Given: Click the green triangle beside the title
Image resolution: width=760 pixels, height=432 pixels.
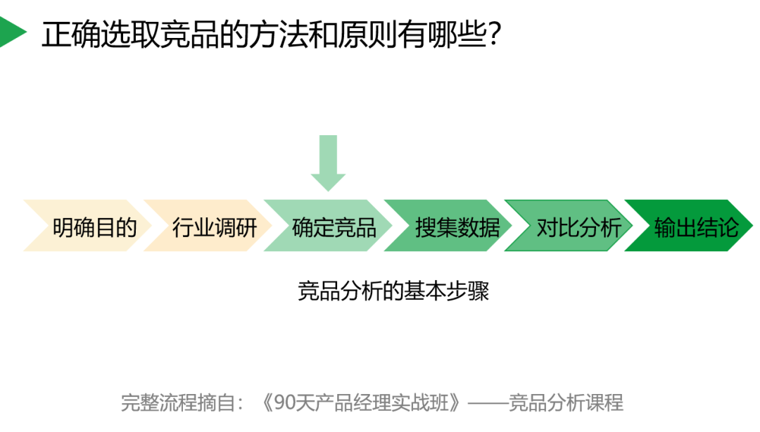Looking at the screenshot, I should pos(11,32).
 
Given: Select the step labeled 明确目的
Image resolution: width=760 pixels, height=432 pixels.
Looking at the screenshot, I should pos(94,227).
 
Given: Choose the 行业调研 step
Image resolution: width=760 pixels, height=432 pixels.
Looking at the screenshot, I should pos(214,227).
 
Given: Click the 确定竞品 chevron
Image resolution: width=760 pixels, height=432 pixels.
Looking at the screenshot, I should pos(334,227).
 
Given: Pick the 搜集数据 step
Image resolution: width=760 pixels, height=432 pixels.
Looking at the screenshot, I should pos(457,227).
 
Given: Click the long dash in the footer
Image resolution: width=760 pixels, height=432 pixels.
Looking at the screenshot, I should pos(487,402).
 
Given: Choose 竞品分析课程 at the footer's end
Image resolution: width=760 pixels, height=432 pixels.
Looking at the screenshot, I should pos(566,402).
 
